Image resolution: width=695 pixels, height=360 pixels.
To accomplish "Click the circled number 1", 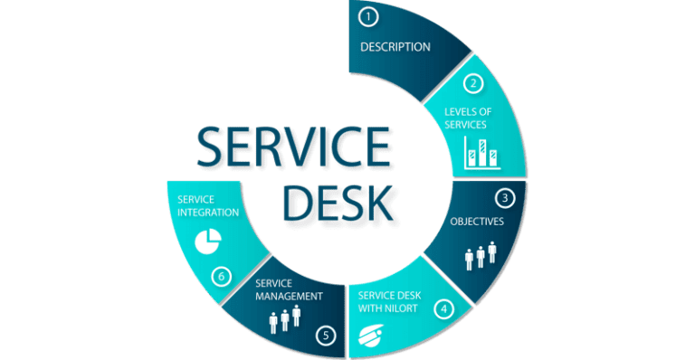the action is click(x=367, y=16).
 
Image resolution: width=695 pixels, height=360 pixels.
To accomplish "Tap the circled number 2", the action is click(x=471, y=84).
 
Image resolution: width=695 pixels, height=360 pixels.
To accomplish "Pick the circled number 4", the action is click(x=443, y=308).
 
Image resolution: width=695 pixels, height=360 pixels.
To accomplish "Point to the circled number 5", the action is click(x=326, y=336).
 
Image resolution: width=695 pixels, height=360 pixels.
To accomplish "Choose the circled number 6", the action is click(x=221, y=276).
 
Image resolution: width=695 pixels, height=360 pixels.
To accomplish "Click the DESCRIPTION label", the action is click(x=395, y=46).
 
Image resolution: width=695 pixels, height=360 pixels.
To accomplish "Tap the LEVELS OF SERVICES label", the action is click(x=466, y=118).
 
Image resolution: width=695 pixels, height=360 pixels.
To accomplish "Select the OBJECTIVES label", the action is click(x=477, y=220).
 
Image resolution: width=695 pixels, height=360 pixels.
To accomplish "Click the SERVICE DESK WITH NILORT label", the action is click(x=389, y=300).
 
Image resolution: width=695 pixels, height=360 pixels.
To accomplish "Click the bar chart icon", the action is click(x=481, y=153).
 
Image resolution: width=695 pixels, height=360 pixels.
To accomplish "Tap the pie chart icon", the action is click(x=208, y=241).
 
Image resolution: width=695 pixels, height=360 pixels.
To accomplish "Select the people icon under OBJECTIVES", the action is click(x=481, y=255).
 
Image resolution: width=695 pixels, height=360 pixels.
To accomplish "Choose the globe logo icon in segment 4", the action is click(x=372, y=336).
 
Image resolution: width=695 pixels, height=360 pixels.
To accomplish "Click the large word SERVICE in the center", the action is click(x=293, y=150).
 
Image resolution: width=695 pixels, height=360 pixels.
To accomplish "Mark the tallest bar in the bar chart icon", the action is click(x=482, y=151).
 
